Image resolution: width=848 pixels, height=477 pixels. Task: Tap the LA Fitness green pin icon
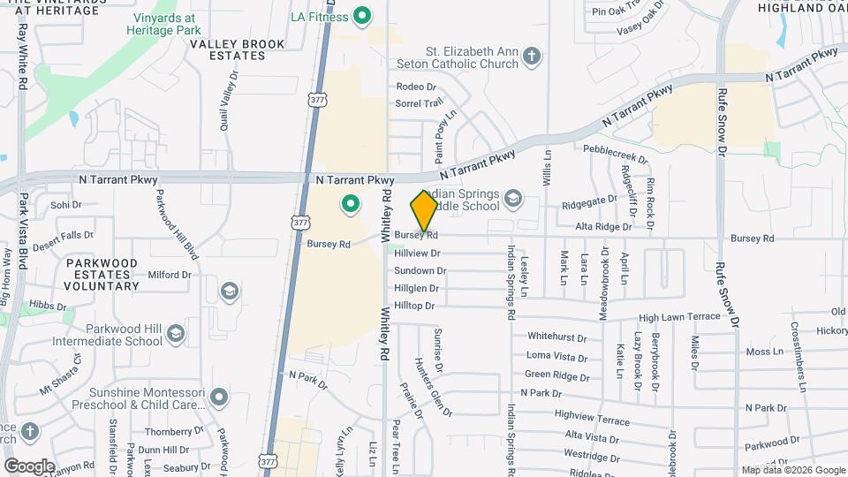pos(360,16)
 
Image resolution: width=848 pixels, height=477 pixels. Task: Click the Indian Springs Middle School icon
pos(512,201)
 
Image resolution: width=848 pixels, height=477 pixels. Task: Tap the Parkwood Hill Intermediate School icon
pos(176,333)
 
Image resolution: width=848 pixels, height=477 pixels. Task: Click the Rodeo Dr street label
pos(416,87)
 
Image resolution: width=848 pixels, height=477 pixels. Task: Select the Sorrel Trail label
pos(419,103)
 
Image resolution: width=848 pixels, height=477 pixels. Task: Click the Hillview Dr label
pos(417,254)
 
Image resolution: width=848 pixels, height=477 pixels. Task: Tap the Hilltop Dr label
pos(415,306)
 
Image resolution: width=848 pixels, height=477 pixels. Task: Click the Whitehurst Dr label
pos(556,337)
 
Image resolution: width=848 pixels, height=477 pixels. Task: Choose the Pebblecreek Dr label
pos(615,153)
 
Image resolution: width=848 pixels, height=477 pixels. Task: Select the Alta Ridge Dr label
pos(603,227)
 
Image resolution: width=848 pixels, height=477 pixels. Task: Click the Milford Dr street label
pos(170,275)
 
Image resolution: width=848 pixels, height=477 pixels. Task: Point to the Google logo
pos(29,466)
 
